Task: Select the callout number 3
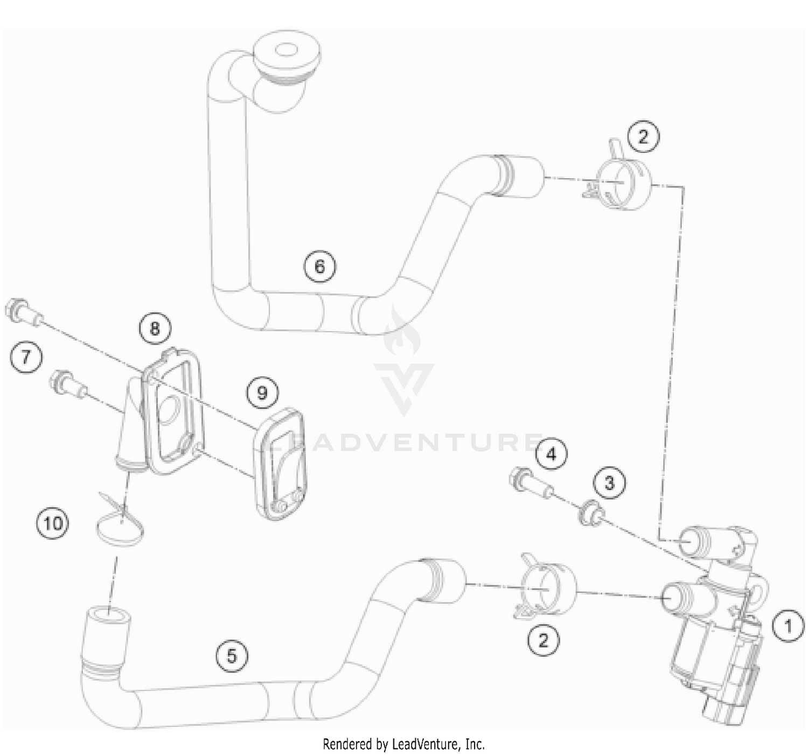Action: click(x=609, y=483)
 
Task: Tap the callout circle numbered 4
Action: click(x=551, y=455)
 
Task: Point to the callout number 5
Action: click(x=232, y=655)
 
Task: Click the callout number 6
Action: click(x=319, y=266)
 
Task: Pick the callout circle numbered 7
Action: click(x=26, y=356)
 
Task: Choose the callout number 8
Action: click(x=155, y=328)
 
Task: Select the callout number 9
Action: click(x=262, y=393)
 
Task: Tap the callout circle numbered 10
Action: click(x=53, y=522)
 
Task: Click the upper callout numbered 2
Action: click(x=643, y=137)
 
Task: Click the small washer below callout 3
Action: click(x=591, y=513)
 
